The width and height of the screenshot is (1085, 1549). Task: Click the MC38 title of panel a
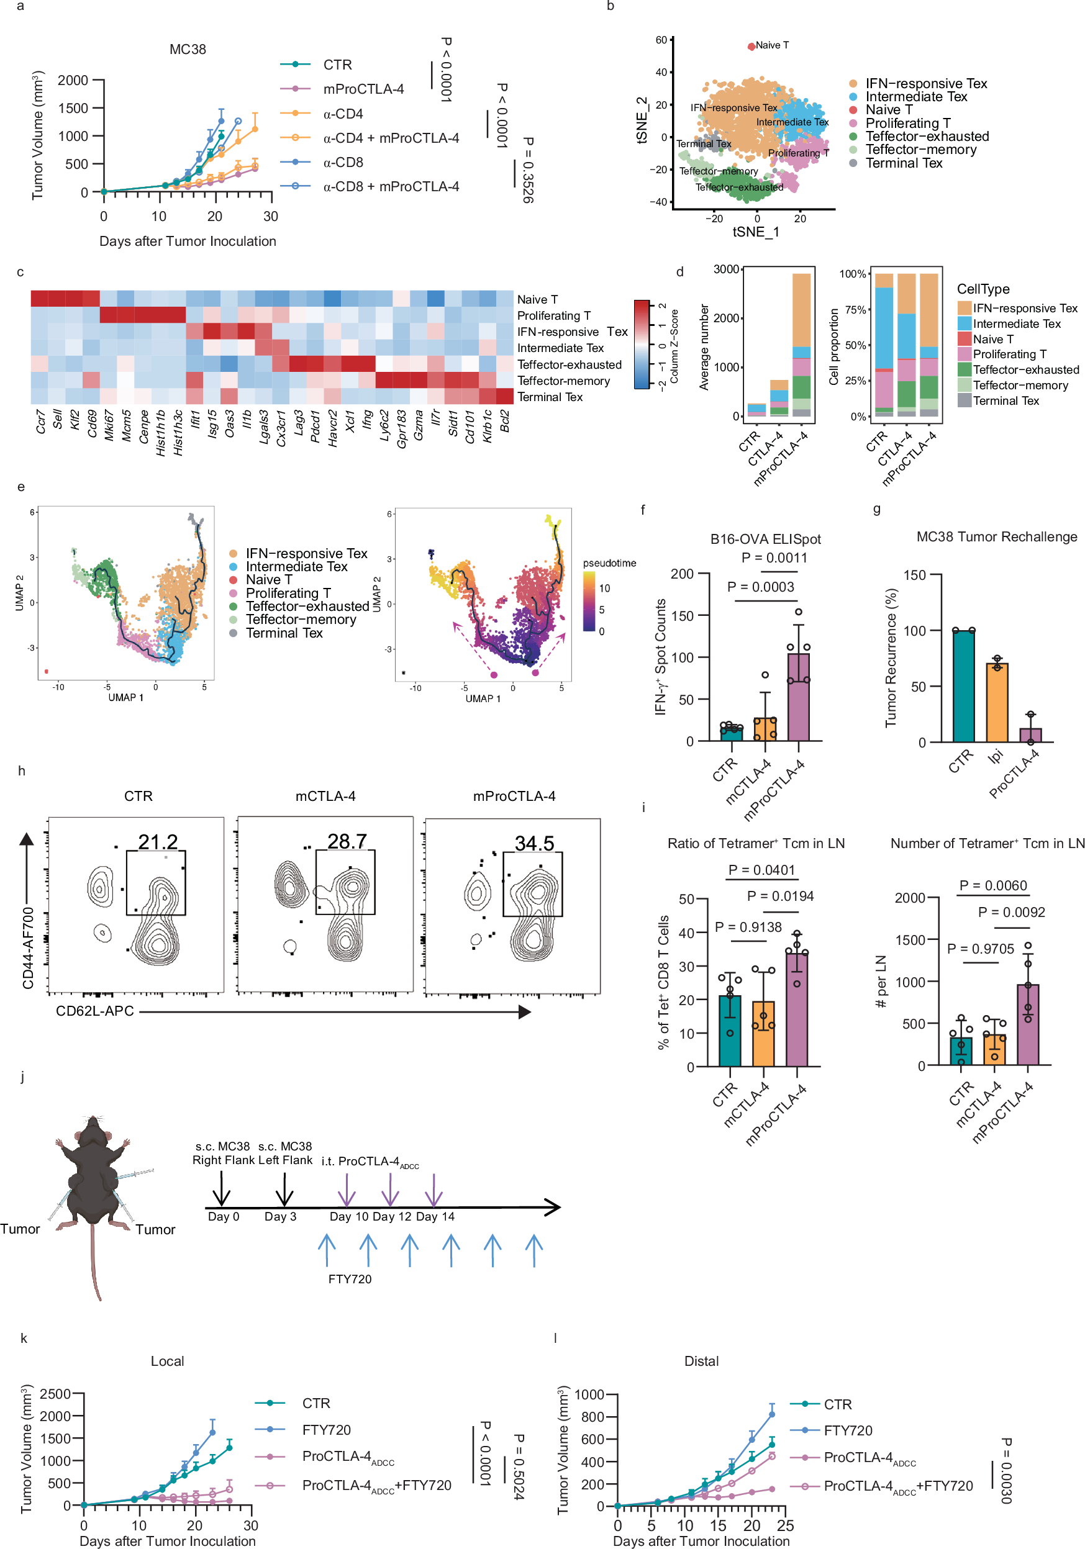[188, 49]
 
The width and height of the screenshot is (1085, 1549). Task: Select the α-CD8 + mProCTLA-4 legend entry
[391, 186]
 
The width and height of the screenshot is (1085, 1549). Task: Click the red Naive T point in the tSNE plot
[751, 47]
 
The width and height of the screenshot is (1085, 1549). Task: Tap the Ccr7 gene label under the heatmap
[40, 422]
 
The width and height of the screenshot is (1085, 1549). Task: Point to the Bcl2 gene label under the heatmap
[505, 421]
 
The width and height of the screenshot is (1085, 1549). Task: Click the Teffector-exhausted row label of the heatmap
[569, 365]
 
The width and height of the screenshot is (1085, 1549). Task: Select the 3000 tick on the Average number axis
[726, 269]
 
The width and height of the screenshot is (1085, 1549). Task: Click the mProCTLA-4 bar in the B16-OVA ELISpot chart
[798, 696]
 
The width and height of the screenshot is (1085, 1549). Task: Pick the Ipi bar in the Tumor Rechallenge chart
[997, 702]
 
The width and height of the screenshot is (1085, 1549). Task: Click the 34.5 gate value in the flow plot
[534, 843]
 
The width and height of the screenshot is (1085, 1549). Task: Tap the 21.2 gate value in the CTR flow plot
[158, 842]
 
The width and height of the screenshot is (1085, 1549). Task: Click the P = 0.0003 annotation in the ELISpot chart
[760, 587]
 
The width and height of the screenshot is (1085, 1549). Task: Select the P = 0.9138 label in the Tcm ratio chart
[748, 927]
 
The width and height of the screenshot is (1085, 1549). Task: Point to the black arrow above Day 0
[221, 1188]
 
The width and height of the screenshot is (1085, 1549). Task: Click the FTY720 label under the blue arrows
[350, 1279]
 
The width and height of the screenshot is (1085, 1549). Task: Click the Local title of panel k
[167, 1362]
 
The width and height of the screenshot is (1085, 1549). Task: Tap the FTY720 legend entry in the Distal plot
[848, 1431]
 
